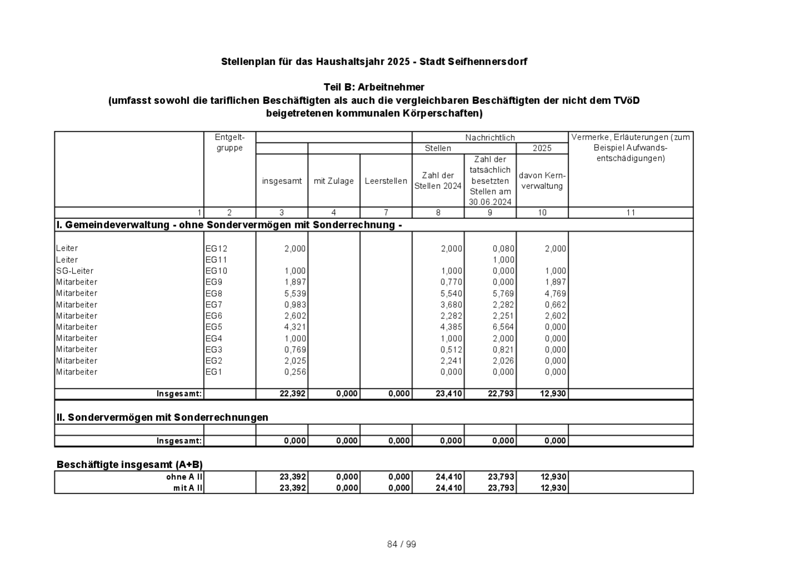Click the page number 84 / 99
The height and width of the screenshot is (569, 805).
click(x=401, y=545)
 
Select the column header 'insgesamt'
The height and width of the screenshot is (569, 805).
click(x=282, y=181)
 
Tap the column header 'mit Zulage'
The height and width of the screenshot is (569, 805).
click(x=334, y=181)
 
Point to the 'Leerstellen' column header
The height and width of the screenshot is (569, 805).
click(x=386, y=181)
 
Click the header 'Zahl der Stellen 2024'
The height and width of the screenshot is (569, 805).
click(x=438, y=181)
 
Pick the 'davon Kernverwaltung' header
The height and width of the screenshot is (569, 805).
click(x=542, y=181)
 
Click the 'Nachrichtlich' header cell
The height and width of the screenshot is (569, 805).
click(x=490, y=138)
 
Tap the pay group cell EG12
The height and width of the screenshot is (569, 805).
click(x=216, y=249)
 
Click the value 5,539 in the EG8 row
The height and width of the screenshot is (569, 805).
click(x=295, y=293)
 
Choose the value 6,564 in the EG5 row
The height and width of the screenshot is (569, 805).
click(x=503, y=327)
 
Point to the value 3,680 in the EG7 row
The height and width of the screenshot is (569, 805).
click(x=451, y=305)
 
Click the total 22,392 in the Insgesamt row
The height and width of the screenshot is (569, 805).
click(x=294, y=394)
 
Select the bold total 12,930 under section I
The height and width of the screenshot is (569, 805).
click(x=553, y=394)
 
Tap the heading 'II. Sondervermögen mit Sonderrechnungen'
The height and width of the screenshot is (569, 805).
click(x=162, y=417)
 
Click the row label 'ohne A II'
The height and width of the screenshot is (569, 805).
click(x=185, y=477)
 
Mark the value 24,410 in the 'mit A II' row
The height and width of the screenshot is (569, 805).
click(x=450, y=488)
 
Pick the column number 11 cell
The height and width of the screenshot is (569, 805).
click(x=630, y=213)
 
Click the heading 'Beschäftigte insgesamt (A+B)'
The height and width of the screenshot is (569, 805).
click(x=130, y=465)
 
